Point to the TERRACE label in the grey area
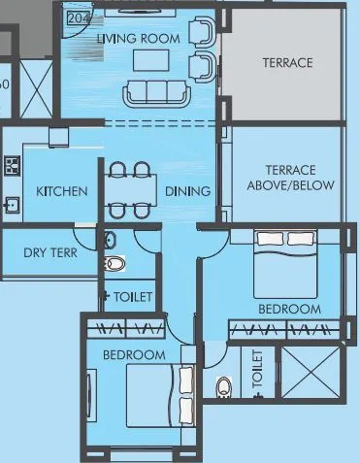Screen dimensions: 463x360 click(287, 63)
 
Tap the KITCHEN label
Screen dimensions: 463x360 click(62, 191)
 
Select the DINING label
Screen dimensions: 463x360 click(187, 191)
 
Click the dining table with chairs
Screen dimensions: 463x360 click(129, 190)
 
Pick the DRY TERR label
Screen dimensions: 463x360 click(49, 253)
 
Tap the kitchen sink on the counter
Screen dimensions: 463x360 click(12, 205)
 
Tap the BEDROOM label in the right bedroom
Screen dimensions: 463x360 click(288, 309)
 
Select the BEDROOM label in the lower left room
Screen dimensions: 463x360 click(134, 354)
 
